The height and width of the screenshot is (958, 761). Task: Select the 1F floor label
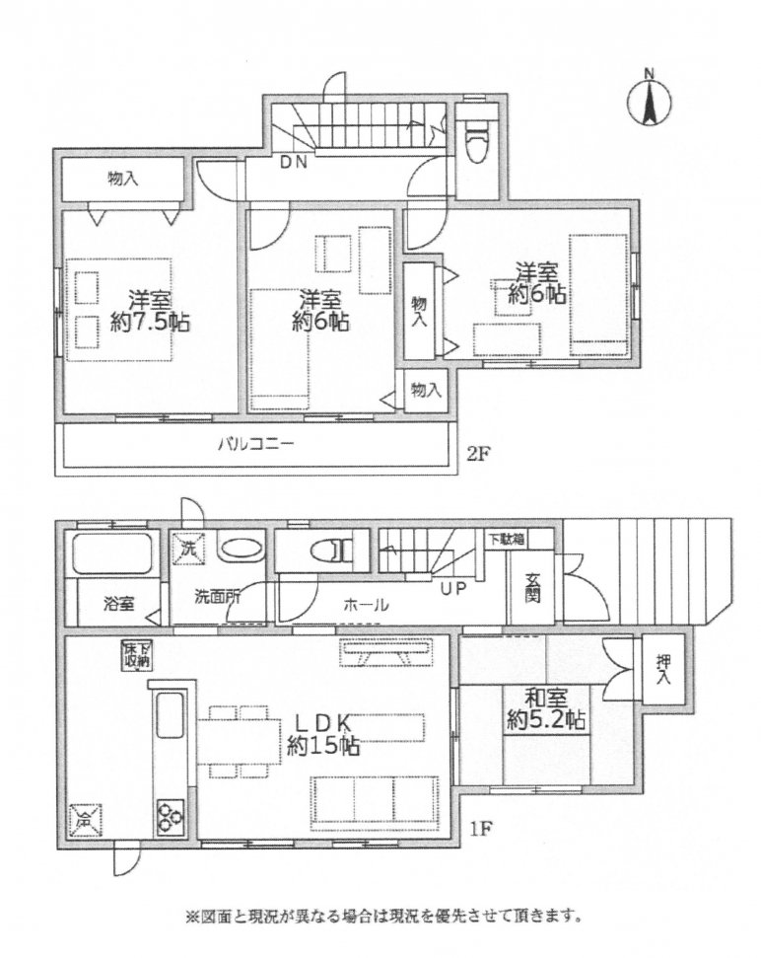click(x=480, y=829)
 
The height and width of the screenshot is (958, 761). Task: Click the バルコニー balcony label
click(x=255, y=444)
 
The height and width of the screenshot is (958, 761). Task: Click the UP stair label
click(x=453, y=589)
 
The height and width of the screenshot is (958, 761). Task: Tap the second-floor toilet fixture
click(x=476, y=138)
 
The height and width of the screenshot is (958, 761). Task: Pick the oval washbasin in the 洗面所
click(x=242, y=548)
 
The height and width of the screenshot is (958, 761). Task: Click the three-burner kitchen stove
click(x=170, y=816)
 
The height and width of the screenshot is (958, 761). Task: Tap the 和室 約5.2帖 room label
click(x=545, y=709)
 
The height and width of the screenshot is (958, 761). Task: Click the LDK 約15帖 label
click(x=322, y=734)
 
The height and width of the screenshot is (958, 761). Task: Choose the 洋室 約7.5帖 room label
click(x=150, y=312)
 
